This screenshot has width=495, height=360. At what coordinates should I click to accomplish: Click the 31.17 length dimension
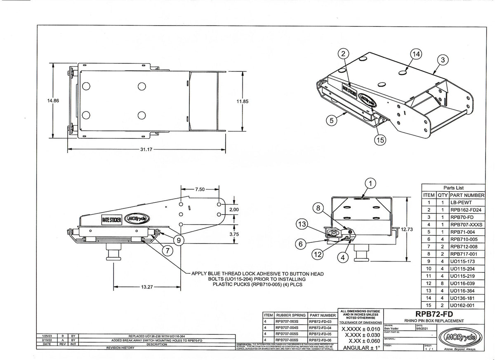tap(148, 149)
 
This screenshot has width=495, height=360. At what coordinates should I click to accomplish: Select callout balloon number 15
tap(380, 140)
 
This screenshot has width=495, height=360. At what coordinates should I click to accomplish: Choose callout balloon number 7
tap(168, 250)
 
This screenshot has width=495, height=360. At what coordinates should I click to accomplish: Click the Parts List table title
tap(453, 187)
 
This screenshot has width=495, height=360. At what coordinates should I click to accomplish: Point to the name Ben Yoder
tap(391, 329)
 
